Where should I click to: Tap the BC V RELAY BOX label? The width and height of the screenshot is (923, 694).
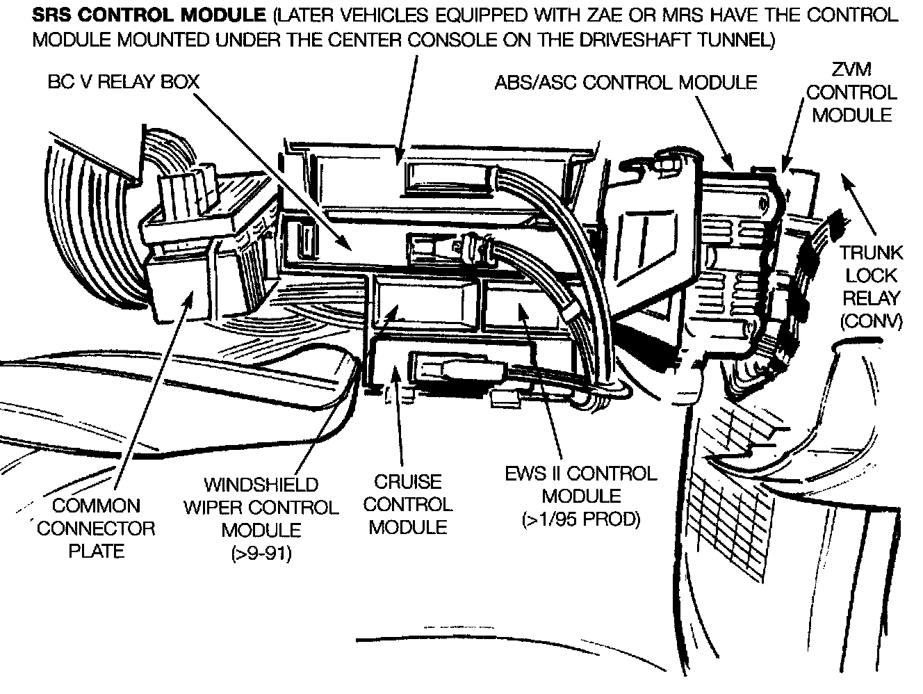(124, 82)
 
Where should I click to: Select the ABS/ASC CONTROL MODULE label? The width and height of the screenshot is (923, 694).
(626, 82)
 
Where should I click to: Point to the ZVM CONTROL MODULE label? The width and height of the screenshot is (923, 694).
(851, 92)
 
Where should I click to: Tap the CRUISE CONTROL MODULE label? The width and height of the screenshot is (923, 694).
(408, 504)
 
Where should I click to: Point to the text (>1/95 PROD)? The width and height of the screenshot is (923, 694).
(581, 519)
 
